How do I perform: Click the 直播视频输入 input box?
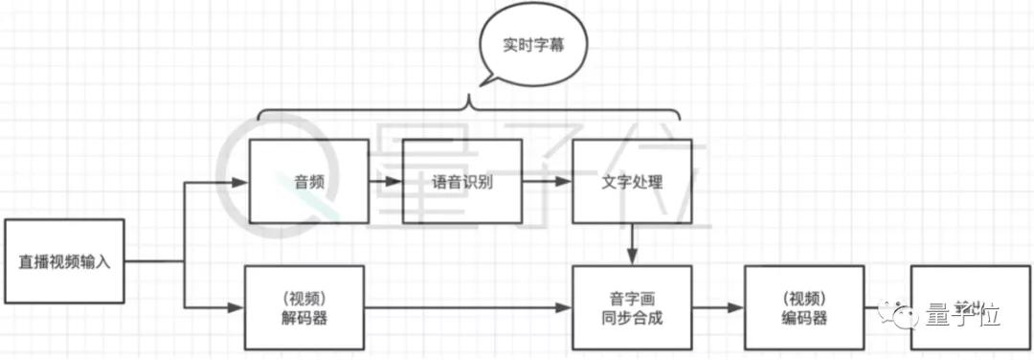click(x=65, y=261)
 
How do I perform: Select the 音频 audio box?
click(x=308, y=182)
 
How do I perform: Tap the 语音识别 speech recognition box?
click(x=461, y=182)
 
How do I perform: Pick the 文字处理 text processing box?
click(x=632, y=182)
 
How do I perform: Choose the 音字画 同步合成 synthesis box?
click(x=632, y=307)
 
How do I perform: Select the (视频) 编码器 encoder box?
click(x=804, y=307)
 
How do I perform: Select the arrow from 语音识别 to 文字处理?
click(x=547, y=181)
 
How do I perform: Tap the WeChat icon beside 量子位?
click(x=903, y=313)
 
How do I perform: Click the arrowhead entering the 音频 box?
click(x=239, y=182)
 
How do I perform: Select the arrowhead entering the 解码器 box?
click(x=236, y=307)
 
